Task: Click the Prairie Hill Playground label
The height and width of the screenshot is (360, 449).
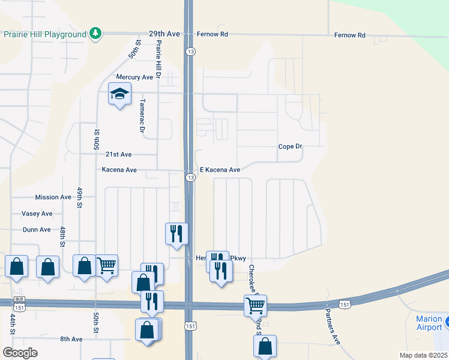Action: tap(45, 35)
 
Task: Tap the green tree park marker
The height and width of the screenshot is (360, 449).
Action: tap(95, 34)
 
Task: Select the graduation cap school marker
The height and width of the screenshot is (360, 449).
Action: tap(119, 94)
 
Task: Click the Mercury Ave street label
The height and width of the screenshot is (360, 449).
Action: tap(134, 77)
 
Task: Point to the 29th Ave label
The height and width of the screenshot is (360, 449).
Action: tap(164, 35)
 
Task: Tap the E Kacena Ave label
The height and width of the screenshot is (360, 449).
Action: tap(220, 170)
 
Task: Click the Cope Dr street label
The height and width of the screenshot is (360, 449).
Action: tap(290, 147)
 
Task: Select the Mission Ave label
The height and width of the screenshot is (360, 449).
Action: tap(53, 197)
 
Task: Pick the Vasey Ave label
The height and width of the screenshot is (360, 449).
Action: tap(37, 214)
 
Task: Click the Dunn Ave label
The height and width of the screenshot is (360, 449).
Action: tap(36, 230)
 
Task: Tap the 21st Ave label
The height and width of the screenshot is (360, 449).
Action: tap(119, 154)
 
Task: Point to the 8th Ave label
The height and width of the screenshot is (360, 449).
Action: tap(71, 340)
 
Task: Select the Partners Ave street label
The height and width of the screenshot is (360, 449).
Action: tap(333, 326)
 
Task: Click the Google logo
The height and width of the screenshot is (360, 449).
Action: tap(20, 353)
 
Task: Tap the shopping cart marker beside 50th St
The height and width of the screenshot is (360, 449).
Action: tap(106, 265)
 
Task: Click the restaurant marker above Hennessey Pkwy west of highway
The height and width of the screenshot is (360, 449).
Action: tap(176, 233)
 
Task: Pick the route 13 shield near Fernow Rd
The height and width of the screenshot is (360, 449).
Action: tap(190, 51)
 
